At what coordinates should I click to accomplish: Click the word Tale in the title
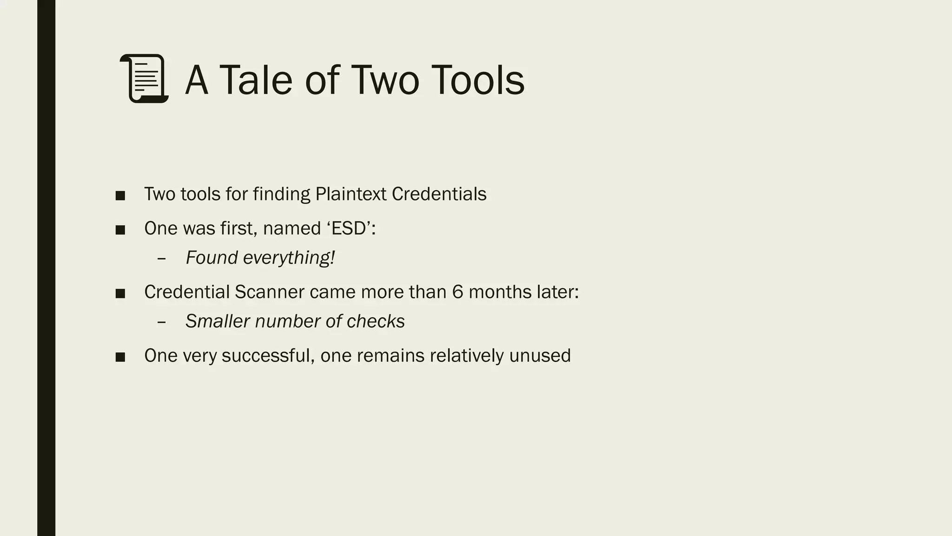pyautogui.click(x=256, y=80)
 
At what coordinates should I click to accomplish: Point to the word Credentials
pyautogui.click(x=439, y=194)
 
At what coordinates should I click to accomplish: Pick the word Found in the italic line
pyautogui.click(x=212, y=258)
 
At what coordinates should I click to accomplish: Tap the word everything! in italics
pyautogui.click(x=289, y=258)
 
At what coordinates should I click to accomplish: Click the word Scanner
pyautogui.click(x=269, y=292)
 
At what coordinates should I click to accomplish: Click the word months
pyautogui.click(x=500, y=292)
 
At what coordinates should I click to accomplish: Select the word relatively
pyautogui.click(x=467, y=356)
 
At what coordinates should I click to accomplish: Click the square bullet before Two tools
pyautogui.click(x=120, y=195)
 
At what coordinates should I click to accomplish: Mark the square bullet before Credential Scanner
pyautogui.click(x=120, y=294)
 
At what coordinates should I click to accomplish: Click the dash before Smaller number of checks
pyautogui.click(x=162, y=322)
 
